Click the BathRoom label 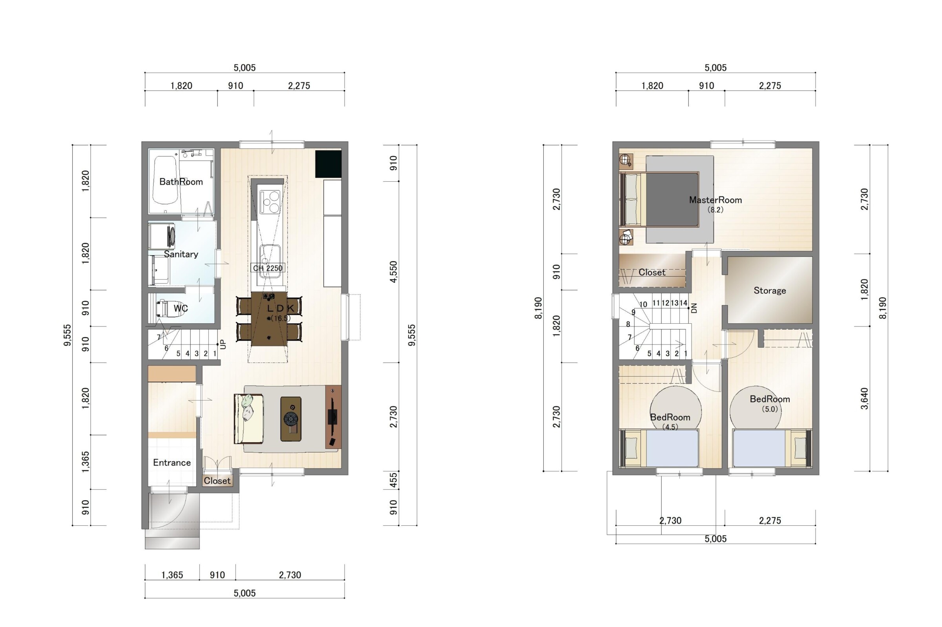(181, 182)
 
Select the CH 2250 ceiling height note (268, 268)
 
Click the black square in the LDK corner (328, 164)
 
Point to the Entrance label (172, 463)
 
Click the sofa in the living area (248, 419)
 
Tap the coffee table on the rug (291, 419)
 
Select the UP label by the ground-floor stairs (223, 344)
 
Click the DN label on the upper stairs (694, 308)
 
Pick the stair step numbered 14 (683, 303)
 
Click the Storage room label (770, 291)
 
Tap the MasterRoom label (715, 200)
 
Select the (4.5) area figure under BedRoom (670, 427)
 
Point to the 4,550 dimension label (394, 272)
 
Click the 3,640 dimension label (864, 399)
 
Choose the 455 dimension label (394, 480)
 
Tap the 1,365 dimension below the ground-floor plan (172, 575)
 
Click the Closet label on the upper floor (652, 272)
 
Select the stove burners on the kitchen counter (270, 202)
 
